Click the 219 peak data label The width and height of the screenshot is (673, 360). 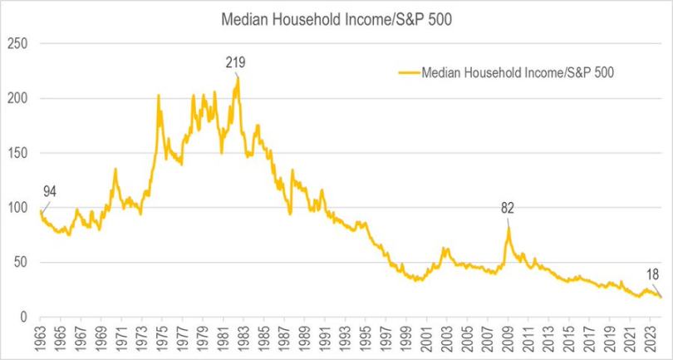pyautogui.click(x=236, y=62)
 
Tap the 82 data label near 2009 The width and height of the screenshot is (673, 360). pyautogui.click(x=508, y=208)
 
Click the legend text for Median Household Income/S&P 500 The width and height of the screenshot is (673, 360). pyautogui.click(x=518, y=72)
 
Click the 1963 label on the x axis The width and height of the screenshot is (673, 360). pyautogui.click(x=40, y=339)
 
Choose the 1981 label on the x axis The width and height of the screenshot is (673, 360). pyautogui.click(x=224, y=339)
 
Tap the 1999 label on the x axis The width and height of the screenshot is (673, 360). pyautogui.click(x=407, y=339)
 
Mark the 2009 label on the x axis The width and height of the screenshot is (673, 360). pyautogui.click(x=508, y=339)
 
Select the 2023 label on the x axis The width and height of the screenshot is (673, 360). pyautogui.click(x=651, y=339)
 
